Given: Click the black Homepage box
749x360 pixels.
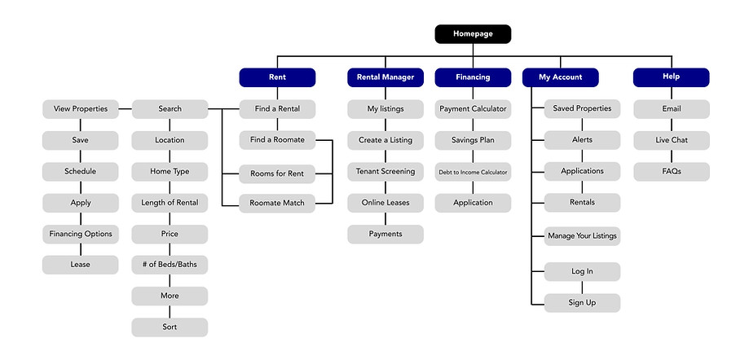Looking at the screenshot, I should click(473, 34).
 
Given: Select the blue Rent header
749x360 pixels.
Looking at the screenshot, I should click(277, 77).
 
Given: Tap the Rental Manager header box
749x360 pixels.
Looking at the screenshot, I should click(386, 77).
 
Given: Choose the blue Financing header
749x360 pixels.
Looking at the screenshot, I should click(473, 77).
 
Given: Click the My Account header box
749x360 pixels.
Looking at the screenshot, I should click(561, 77).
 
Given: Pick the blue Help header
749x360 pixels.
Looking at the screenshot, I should click(671, 77).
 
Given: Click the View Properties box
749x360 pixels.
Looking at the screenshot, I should click(81, 109).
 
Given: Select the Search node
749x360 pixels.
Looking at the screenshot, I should click(170, 109).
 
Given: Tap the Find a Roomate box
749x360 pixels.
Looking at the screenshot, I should click(277, 140).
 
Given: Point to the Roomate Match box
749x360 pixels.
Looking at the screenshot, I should click(277, 204).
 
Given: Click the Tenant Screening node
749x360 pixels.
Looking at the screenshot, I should click(386, 172).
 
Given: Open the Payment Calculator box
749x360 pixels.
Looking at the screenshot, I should click(473, 109).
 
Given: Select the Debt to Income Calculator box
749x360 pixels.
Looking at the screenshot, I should click(473, 172).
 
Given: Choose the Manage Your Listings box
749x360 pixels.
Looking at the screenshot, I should click(582, 236).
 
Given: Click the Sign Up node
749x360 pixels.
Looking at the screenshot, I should click(582, 303).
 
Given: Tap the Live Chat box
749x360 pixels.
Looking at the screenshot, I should click(671, 140).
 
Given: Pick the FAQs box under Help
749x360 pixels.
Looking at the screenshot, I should click(671, 172).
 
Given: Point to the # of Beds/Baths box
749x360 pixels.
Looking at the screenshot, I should click(170, 265).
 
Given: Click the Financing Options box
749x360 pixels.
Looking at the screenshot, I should click(81, 235).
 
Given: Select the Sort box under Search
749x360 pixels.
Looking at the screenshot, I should click(170, 327).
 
